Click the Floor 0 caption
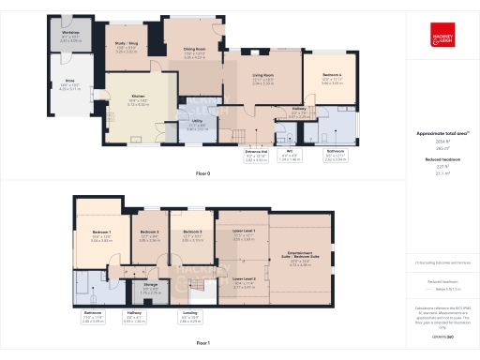pyautogui.click(x=202, y=174)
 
